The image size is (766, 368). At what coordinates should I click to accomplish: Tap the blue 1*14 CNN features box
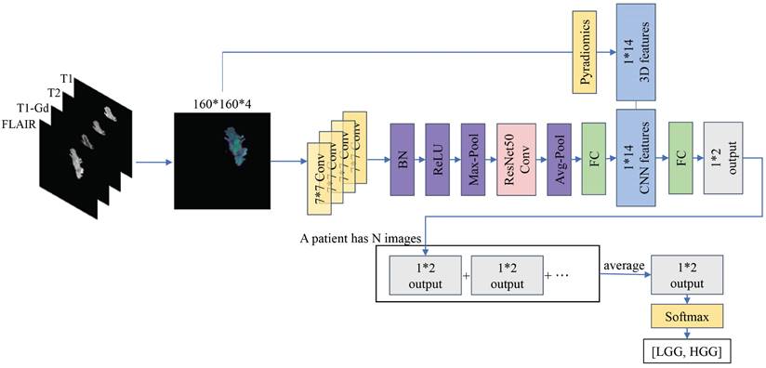[637, 159]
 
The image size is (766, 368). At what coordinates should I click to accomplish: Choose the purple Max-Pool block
[475, 158]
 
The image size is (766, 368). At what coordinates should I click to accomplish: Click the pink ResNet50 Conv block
[514, 158]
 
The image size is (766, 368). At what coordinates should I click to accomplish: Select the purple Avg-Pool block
[559, 158]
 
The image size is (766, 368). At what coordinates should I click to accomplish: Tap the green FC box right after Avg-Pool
[593, 158]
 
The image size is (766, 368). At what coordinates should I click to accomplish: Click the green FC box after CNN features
[681, 158]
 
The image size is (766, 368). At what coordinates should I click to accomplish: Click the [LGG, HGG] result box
[686, 352]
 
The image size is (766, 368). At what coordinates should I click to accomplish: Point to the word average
[626, 267]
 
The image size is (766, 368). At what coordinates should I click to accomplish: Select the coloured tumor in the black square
[236, 149]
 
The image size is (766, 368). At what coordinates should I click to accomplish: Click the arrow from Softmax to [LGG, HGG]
[686, 335]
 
